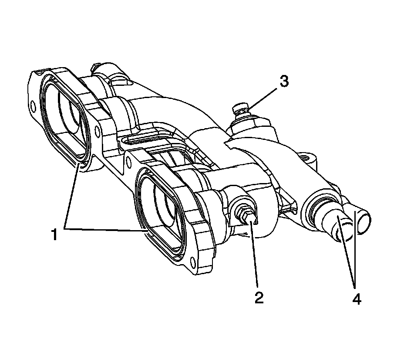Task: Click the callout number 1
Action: click(54, 235)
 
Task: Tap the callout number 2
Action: click(259, 298)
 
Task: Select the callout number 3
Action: click(283, 82)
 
